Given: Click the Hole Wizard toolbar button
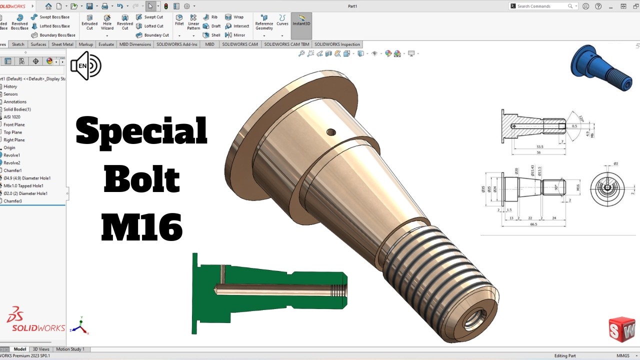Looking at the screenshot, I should pos(107,22).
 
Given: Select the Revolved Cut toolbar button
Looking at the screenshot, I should pos(125,22).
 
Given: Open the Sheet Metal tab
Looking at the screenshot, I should pos(62,44).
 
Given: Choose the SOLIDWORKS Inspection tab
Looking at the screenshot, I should pos(337,44).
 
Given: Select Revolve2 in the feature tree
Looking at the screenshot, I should pos(12,163).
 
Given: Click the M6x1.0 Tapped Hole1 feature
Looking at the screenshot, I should pos(23,185).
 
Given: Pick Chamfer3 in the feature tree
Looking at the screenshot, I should pos(12,201).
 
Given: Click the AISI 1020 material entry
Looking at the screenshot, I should pos(12,117).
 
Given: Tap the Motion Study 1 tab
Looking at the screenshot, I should pos(70,349).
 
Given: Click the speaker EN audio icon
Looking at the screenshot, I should pos(85,65).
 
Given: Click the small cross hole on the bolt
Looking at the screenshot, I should pos(331,132).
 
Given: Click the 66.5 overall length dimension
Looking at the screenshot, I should pos(533,224).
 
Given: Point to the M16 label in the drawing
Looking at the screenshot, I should pos(577,188).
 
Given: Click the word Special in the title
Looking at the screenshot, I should pos(141,131).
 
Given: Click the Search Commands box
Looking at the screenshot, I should pos(543,6).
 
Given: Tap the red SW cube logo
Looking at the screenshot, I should pos(622,329).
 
